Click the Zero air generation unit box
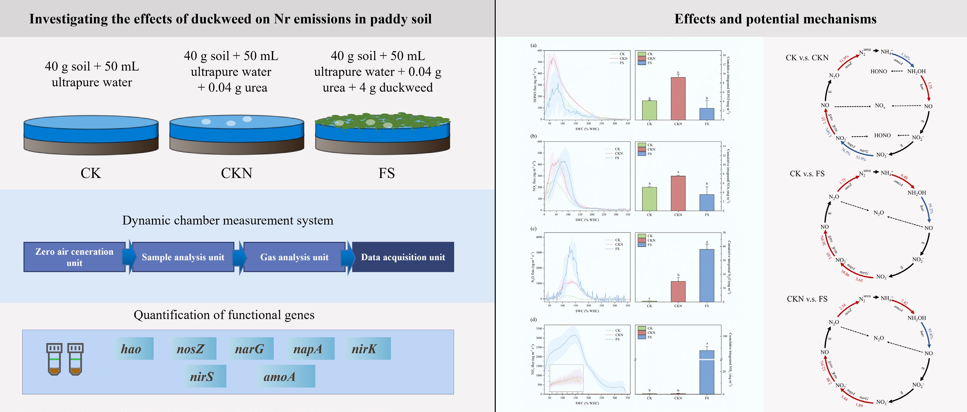point(74,257)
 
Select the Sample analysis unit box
point(183,257)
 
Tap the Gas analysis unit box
point(294,257)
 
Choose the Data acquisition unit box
point(403,257)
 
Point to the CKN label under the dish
point(236,173)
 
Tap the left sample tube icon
point(54,359)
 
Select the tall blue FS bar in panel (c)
point(707,275)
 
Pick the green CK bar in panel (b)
point(650,199)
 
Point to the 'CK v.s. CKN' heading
point(807,58)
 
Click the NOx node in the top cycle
point(880,106)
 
